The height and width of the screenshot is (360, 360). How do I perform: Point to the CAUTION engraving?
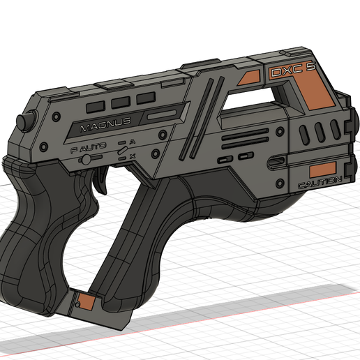point(319,182)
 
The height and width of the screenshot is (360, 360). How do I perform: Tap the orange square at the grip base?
point(85,301)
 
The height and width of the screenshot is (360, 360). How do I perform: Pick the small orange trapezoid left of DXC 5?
point(248,79)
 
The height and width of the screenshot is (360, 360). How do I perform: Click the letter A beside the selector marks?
point(132,142)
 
